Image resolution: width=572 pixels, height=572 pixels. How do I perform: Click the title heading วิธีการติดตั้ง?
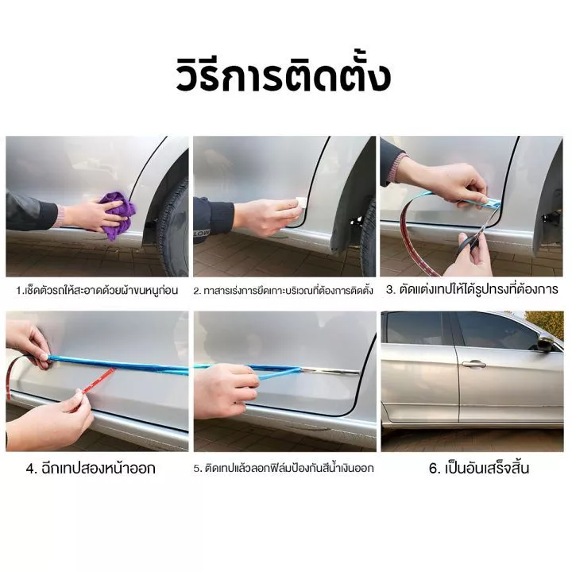tap(284, 76)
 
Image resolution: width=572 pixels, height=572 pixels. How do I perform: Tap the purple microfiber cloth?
tap(117, 215)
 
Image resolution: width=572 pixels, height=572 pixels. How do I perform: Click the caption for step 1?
tap(97, 291)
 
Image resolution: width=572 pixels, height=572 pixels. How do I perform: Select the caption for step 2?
tap(284, 291)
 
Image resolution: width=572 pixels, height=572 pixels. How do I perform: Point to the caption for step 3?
tap(472, 290)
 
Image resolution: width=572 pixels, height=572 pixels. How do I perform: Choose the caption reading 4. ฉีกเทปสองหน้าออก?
tap(91, 468)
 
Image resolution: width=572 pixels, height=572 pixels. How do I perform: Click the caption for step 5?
tap(284, 468)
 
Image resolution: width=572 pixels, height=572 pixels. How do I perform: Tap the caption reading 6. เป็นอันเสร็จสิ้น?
tap(478, 468)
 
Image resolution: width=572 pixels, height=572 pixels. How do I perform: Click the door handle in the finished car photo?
tap(473, 363)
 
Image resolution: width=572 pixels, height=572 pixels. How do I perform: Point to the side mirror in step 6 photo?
tap(546, 344)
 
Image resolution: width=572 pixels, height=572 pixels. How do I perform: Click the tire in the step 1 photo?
tap(174, 229)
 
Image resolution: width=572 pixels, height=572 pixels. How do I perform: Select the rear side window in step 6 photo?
tap(415, 328)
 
